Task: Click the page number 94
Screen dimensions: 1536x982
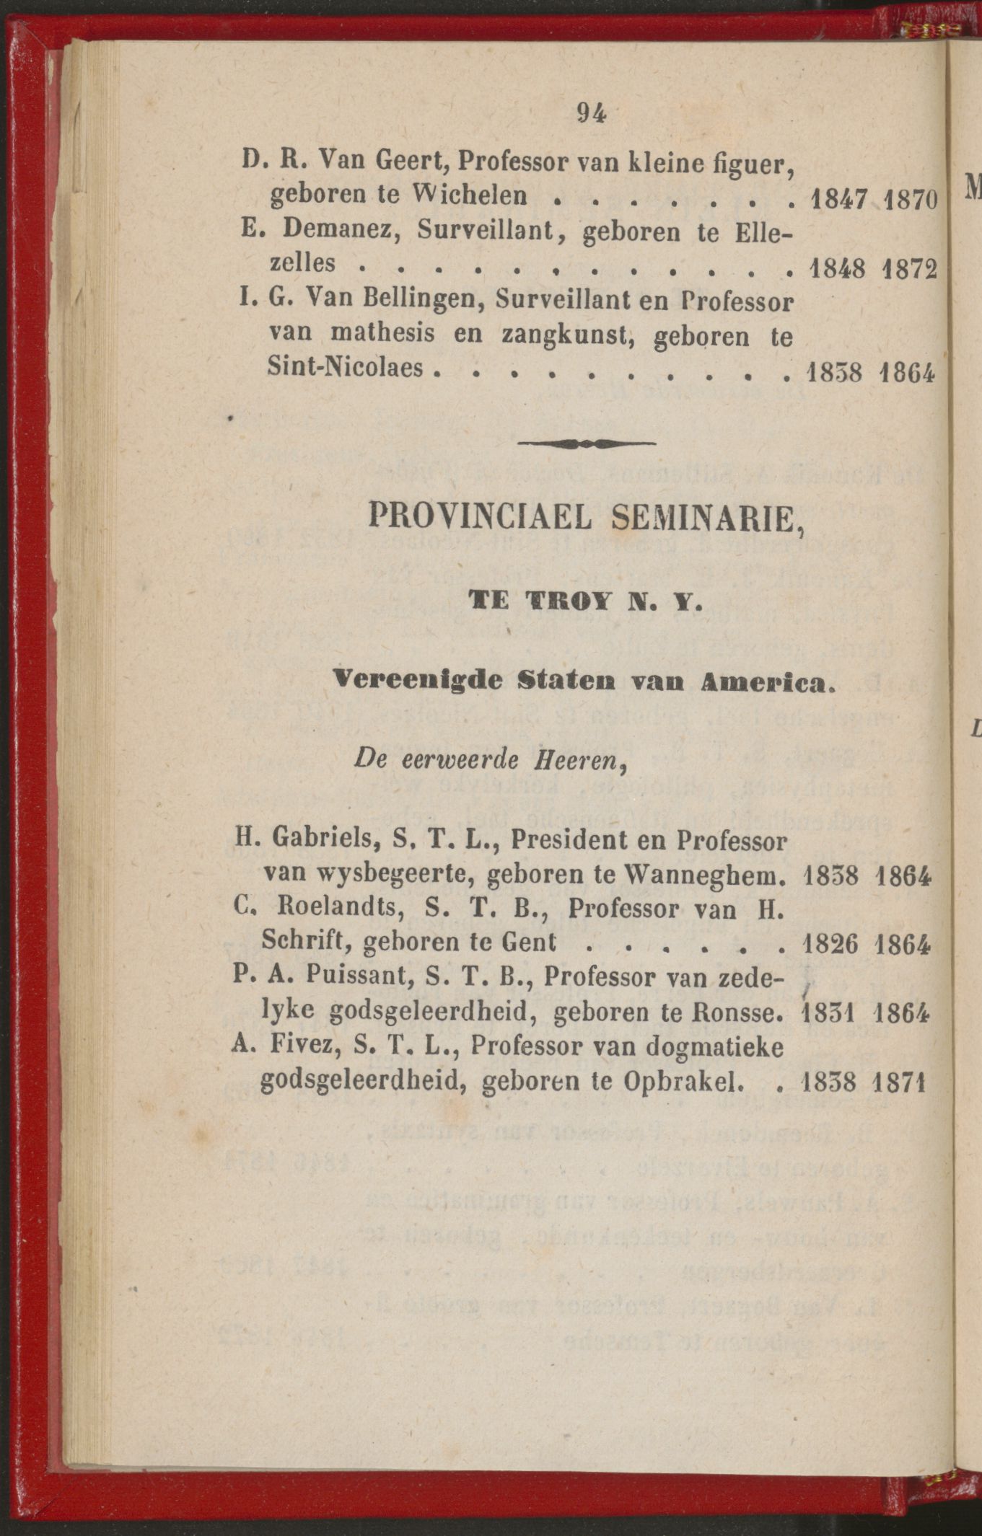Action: [591, 113]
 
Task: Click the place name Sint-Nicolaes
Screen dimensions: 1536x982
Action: [345, 368]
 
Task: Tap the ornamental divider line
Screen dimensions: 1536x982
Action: [586, 443]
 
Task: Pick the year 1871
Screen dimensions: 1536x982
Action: [898, 1082]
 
